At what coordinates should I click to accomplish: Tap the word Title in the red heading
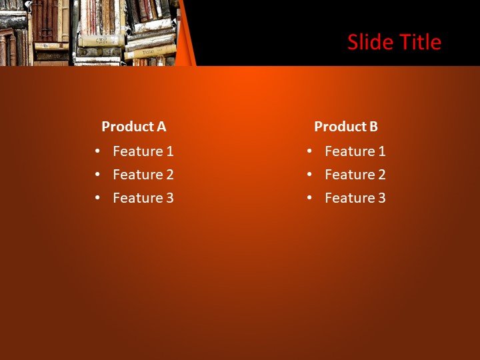click(x=419, y=42)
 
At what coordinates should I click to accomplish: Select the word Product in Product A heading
click(x=127, y=127)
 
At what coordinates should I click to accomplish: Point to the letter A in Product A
click(x=161, y=127)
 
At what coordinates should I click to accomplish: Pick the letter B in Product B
click(x=373, y=127)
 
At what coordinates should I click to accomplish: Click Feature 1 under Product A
click(x=143, y=151)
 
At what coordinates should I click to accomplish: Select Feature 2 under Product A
click(x=143, y=175)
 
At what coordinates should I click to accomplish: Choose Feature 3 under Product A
click(x=143, y=198)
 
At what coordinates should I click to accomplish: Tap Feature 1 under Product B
click(x=355, y=151)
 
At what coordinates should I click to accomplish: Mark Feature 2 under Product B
click(x=355, y=175)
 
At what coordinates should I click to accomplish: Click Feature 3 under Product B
click(x=355, y=198)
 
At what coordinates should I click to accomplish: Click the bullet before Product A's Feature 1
click(x=98, y=151)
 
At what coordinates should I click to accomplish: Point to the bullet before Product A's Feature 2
click(x=98, y=175)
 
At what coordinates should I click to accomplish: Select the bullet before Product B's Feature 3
click(x=310, y=198)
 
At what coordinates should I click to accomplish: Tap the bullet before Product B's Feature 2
click(x=310, y=175)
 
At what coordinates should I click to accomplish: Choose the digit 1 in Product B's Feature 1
click(x=382, y=151)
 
